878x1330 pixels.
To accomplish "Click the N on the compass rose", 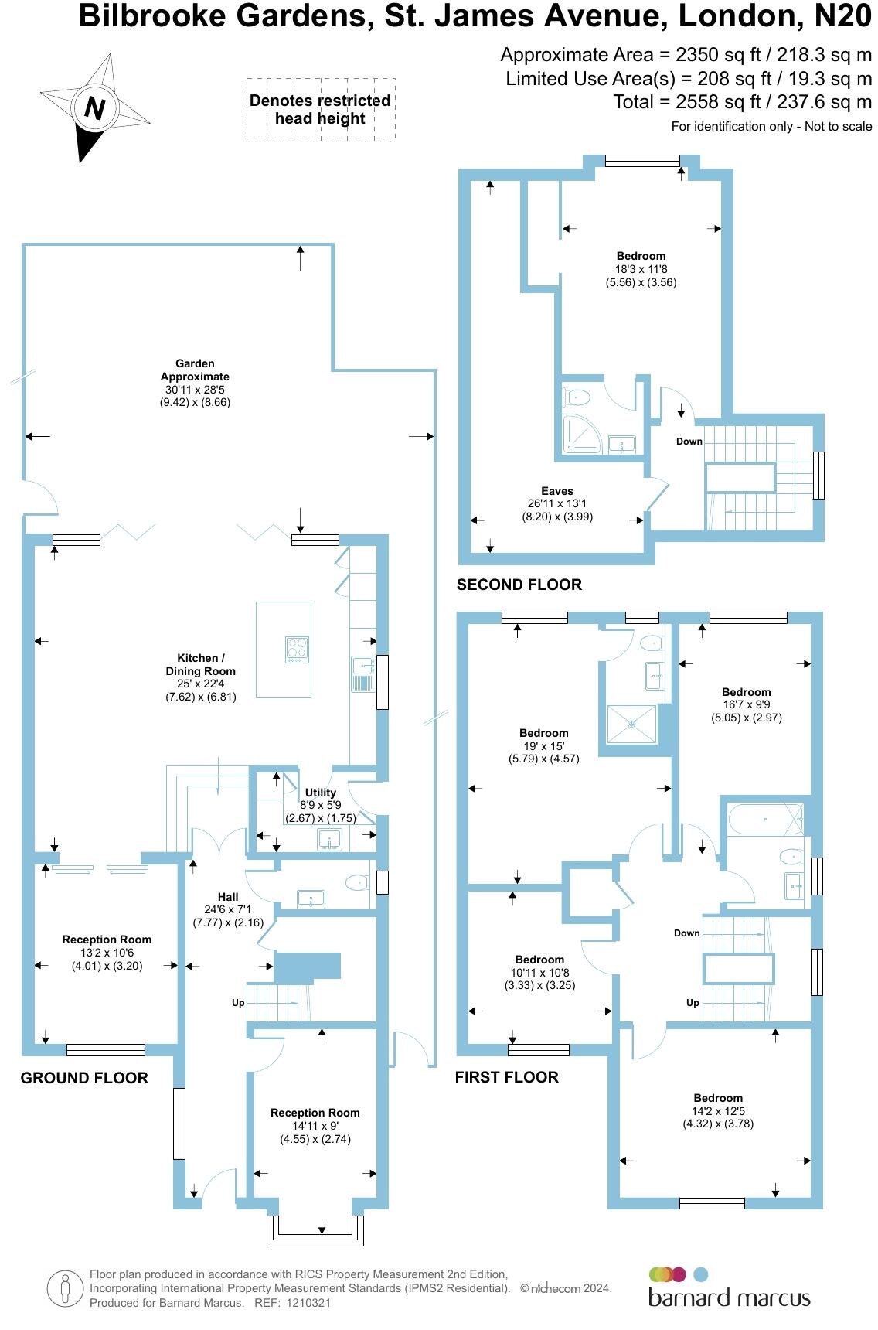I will (x=94, y=107).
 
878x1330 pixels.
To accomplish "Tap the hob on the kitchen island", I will (x=298, y=649).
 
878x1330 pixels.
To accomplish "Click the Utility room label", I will (x=320, y=792).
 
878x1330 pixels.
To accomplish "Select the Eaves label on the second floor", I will (x=556, y=490).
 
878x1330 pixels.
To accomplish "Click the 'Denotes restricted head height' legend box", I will (x=320, y=110).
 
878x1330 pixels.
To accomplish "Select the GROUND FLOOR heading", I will (x=84, y=1077).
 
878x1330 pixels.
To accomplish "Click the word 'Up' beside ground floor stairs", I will (x=238, y=1002).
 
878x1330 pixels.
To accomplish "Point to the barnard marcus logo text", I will (x=729, y=1297).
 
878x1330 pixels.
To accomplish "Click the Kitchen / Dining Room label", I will (x=200, y=664).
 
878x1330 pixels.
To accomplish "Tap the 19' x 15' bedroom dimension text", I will (x=543, y=746).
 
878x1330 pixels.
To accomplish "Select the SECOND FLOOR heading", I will (x=519, y=585).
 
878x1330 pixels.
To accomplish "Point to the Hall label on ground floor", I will (x=228, y=897).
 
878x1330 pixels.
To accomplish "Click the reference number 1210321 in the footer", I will (x=308, y=1302).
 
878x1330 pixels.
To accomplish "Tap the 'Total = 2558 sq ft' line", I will (x=742, y=101).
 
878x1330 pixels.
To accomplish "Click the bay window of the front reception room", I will (x=315, y=1229).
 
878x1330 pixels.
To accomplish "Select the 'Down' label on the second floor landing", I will (x=689, y=441).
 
